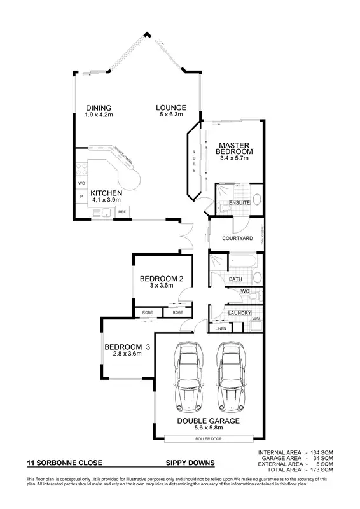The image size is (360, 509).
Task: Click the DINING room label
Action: point(99,108)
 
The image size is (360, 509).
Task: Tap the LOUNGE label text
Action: point(171,108)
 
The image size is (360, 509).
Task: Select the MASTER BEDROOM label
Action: point(234,148)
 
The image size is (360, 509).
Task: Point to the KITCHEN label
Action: point(106,193)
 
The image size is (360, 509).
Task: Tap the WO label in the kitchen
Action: point(81,183)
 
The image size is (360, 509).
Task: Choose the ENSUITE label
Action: point(239,203)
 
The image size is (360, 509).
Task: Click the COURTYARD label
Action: point(238,239)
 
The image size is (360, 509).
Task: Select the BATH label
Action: point(235,279)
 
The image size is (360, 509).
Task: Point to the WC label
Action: point(244,292)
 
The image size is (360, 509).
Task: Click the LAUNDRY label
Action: point(240,313)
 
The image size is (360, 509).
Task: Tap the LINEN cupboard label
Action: point(221,328)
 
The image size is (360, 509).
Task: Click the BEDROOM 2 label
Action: point(162,279)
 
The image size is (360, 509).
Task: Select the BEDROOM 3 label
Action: point(127,347)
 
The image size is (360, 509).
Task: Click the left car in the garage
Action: point(188,378)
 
